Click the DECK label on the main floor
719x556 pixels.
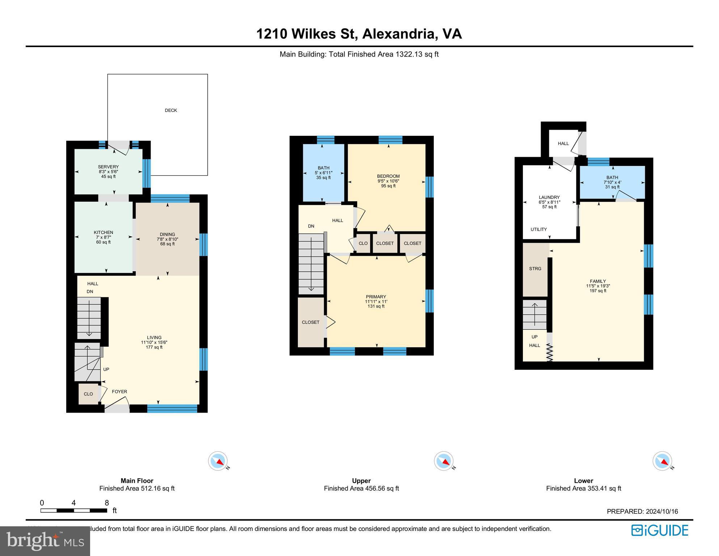coord(171,110)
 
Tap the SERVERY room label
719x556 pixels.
coord(108,167)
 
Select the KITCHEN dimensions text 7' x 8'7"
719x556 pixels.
coord(103,237)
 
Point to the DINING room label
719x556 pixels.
coord(167,234)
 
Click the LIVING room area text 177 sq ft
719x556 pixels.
coord(154,347)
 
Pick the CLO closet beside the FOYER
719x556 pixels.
coord(88,394)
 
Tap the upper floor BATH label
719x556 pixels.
coord(323,168)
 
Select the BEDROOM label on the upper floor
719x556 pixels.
coord(388,176)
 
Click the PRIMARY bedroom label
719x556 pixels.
coord(376,297)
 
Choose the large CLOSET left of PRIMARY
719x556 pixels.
coord(310,322)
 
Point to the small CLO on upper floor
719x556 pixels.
coord(363,243)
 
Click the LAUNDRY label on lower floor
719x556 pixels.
coord(549,197)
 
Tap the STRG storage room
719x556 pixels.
coord(535,269)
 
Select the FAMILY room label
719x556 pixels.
coord(598,281)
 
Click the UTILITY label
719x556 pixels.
coord(538,229)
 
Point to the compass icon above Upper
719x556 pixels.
coord(443,461)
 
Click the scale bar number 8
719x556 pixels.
coord(107,503)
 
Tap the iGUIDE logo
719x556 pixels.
coord(660,531)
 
